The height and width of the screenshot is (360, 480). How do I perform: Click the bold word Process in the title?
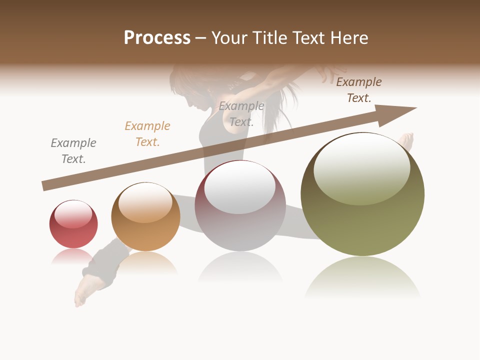[157, 38]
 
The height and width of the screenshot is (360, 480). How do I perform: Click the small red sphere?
[73, 224]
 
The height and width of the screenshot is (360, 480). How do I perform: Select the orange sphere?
[145, 217]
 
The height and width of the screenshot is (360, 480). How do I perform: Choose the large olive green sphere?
[362, 194]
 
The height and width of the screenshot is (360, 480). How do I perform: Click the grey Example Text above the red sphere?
[73, 151]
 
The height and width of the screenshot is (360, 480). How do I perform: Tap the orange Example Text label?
[147, 134]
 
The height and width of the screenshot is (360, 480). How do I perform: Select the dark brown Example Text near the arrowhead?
[359, 90]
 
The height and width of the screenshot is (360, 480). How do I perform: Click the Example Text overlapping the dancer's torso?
[241, 114]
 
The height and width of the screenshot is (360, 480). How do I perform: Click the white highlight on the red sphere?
[73, 214]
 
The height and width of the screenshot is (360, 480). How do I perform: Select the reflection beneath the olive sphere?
[362, 277]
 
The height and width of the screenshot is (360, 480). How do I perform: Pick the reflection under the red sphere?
[73, 256]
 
